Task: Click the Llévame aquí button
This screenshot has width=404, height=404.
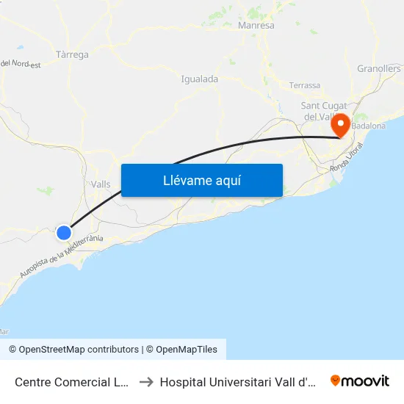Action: tap(201, 181)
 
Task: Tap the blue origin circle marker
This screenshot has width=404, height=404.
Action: tap(64, 233)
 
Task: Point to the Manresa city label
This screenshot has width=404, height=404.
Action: tap(256, 26)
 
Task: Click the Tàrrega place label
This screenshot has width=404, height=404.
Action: tap(72, 55)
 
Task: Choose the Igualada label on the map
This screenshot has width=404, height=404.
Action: tap(199, 79)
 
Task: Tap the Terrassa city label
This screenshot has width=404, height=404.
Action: tap(305, 85)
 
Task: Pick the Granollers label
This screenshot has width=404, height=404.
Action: tap(379, 68)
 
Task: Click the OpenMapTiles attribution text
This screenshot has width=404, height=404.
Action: tap(187, 350)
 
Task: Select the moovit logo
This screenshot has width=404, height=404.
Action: tap(360, 380)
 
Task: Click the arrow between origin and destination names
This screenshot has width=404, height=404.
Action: tap(145, 381)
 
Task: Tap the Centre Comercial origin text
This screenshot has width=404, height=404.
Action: tap(73, 381)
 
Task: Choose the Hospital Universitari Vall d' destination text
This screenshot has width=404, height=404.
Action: tap(237, 381)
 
